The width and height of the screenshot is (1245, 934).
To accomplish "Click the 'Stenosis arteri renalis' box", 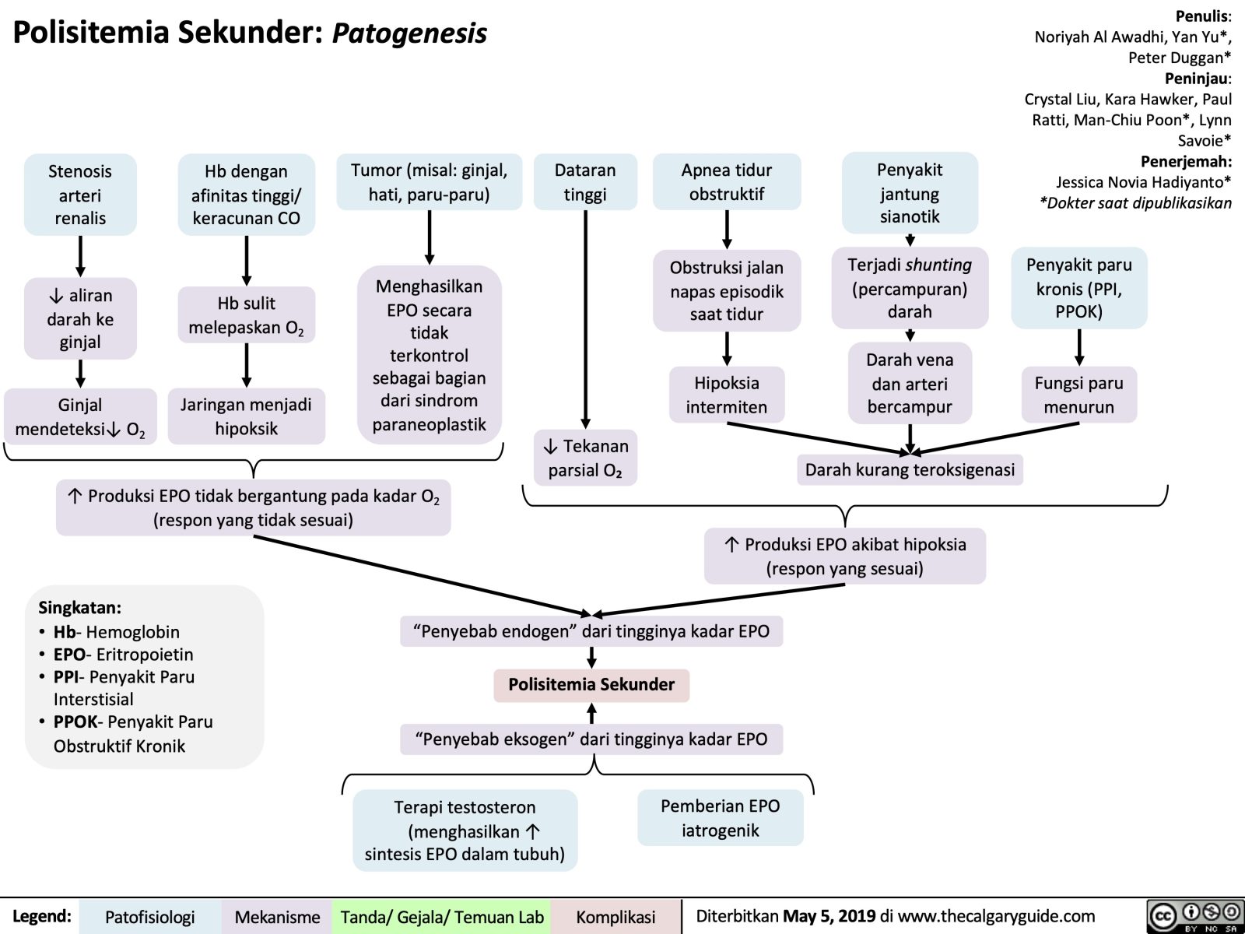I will (x=80, y=195).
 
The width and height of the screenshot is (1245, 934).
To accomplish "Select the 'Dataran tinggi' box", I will (x=585, y=182).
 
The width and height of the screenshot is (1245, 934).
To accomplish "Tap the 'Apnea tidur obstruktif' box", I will (x=727, y=182).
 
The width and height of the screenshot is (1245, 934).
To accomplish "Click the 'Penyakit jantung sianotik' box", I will (x=910, y=193).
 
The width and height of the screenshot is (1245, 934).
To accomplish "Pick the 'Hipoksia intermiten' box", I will (x=727, y=395).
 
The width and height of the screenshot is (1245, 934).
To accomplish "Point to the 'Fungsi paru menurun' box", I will (x=1078, y=395).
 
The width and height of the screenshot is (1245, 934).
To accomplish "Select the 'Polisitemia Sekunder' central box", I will (x=591, y=685).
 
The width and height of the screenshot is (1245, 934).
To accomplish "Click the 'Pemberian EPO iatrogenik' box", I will (x=720, y=818).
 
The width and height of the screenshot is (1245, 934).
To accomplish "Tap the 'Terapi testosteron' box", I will (x=465, y=830).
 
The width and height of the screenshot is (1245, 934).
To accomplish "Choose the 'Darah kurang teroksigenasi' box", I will (x=910, y=470).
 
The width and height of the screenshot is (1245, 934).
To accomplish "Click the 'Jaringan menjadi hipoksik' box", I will (x=246, y=416).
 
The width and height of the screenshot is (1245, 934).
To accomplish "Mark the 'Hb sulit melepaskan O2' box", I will (x=246, y=315).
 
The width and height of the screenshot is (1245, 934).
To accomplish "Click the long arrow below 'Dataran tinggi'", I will (x=585, y=319).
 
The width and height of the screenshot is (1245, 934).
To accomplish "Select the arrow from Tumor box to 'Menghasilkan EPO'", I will (x=430, y=238).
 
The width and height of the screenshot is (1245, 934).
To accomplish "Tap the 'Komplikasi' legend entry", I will (x=615, y=918).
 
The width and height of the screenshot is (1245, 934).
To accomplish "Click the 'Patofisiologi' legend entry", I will (x=149, y=918).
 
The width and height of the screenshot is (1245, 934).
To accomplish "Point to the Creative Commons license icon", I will (x=1194, y=917).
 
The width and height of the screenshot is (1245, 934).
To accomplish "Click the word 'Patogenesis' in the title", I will (x=409, y=33).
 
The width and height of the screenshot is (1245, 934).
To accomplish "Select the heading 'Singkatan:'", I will (x=79, y=608).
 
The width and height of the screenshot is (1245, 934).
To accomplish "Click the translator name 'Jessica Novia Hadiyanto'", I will (x=1141, y=182).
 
